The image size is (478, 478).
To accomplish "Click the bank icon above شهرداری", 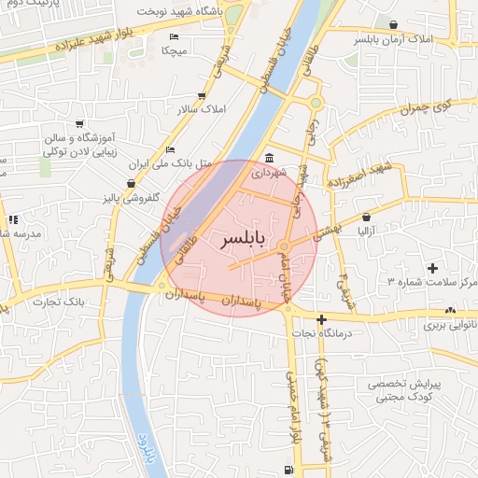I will click(x=269, y=157).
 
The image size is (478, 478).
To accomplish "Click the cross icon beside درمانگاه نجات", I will click(x=321, y=319).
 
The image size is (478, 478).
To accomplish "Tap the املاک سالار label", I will click(x=202, y=109).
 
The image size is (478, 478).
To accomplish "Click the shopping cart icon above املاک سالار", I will click(x=202, y=95).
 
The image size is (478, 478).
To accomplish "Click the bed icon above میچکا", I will click(x=173, y=35).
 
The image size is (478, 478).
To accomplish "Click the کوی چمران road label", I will click(x=426, y=105).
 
